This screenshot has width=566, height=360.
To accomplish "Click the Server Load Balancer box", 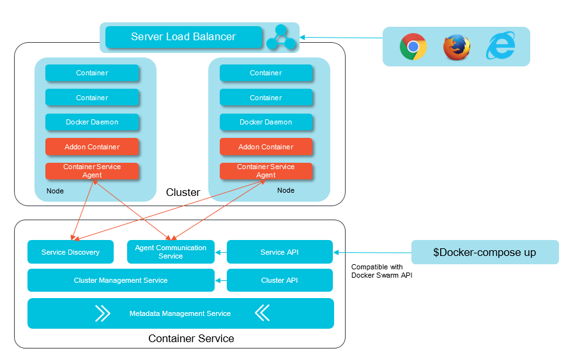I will pyautogui.click(x=183, y=37).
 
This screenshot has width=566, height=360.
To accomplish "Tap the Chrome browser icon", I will pyautogui.click(x=413, y=47).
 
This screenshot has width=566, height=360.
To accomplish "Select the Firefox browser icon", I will pyautogui.click(x=457, y=47).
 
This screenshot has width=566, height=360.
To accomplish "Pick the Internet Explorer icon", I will pyautogui.click(x=501, y=47).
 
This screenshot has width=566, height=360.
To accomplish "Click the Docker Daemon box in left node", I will pyautogui.click(x=92, y=122).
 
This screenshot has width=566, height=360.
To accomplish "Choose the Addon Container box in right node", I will pyautogui.click(x=266, y=147).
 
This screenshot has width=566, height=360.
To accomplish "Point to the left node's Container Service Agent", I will pyautogui.click(x=92, y=171).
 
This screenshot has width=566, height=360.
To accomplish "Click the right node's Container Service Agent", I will pyautogui.click(x=266, y=171).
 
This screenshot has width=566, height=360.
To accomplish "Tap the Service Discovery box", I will pyautogui.click(x=70, y=252).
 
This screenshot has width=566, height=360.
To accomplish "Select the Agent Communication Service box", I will pyautogui.click(x=171, y=252).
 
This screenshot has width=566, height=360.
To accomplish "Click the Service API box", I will pyautogui.click(x=280, y=252).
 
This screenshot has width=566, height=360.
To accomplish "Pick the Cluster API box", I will pyautogui.click(x=280, y=280).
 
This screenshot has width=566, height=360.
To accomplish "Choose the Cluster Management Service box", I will pyautogui.click(x=121, y=280).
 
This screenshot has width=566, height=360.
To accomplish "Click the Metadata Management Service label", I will pyautogui.click(x=180, y=313).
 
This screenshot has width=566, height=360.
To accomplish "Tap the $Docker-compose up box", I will pyautogui.click(x=485, y=252).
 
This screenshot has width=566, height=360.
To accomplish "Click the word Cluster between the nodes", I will pyautogui.click(x=183, y=192).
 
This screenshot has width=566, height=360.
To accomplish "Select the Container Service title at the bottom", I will pyautogui.click(x=191, y=338).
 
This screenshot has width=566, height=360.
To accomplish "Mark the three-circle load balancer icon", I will pyautogui.click(x=281, y=38).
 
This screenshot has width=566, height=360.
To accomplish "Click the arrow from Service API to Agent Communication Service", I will pyautogui.click(x=221, y=252).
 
